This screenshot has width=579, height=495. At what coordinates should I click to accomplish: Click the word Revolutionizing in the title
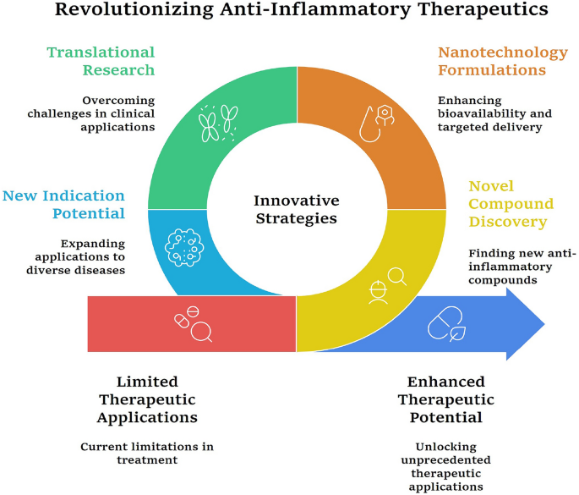[134, 9]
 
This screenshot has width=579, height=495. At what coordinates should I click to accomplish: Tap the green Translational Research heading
[101, 61]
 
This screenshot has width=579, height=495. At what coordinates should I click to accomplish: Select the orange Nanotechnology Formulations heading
[503, 61]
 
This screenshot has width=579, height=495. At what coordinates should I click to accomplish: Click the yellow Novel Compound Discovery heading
[511, 204]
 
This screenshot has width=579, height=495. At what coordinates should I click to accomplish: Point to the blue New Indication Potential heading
[64, 205]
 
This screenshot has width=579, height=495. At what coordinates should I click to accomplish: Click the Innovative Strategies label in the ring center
[297, 209]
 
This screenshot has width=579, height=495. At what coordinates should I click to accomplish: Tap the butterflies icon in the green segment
[218, 123]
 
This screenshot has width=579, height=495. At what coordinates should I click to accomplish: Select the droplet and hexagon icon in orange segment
[377, 124]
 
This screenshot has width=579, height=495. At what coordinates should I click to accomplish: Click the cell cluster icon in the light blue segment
[184, 247]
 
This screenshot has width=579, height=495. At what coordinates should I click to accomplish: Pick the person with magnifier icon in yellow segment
[387, 287]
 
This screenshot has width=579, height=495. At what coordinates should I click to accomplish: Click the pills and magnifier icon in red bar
[193, 324]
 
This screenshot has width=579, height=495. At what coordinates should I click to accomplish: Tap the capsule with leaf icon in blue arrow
[446, 324]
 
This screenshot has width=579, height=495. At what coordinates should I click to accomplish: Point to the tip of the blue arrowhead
[544, 324]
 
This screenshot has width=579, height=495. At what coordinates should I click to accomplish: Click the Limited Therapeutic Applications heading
[147, 399]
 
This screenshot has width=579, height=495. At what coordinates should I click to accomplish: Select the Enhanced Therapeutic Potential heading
[446, 399]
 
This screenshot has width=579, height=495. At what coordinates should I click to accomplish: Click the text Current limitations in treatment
[147, 454]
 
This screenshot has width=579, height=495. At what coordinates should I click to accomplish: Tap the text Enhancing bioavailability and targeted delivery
[494, 113]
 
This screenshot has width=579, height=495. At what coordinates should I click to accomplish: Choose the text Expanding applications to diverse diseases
[76, 256]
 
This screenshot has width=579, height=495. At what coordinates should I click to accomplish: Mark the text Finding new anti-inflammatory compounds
[522, 267]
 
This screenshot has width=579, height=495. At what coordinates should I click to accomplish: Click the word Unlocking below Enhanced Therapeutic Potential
[446, 447]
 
